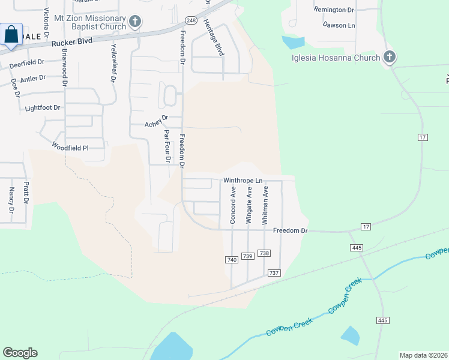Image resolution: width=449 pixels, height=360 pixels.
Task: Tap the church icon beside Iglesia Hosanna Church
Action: (x=390, y=58)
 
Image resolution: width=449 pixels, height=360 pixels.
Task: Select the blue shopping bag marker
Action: (x=11, y=34)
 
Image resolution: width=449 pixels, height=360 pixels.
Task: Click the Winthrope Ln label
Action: (x=243, y=181)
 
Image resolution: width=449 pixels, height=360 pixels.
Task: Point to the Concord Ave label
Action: (x=233, y=205)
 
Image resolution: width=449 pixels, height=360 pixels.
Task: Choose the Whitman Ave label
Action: (x=265, y=205)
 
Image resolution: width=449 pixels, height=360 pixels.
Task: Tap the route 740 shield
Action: (x=232, y=260)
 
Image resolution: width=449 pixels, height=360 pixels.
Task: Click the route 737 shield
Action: (x=274, y=273)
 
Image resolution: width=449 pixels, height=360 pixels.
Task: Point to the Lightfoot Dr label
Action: (x=43, y=108)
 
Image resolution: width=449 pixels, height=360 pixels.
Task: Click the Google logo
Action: (x=20, y=353)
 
